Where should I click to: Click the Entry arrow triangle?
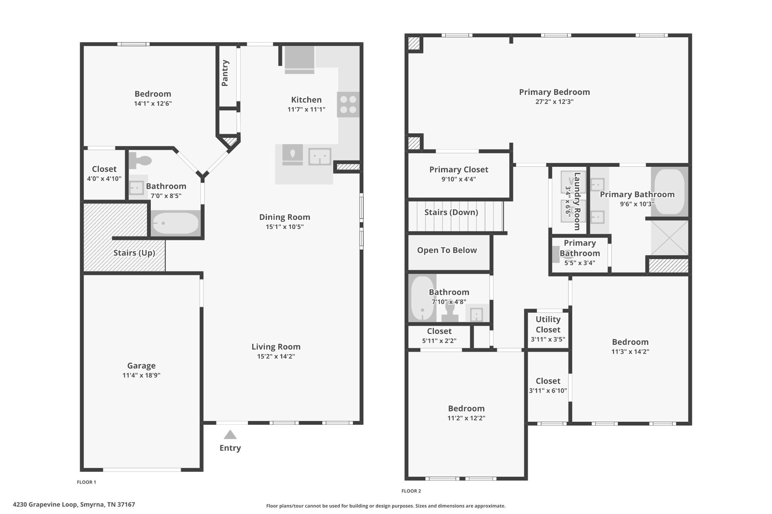point(230,435)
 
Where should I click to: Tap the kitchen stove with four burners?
point(348,105)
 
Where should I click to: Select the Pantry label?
point(225,73)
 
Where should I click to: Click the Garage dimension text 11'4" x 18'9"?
point(141,375)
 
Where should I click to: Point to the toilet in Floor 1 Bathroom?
point(140,161)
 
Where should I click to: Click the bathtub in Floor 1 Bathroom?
point(175,223)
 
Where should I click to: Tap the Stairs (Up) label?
point(134,253)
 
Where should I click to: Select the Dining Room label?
point(285,217)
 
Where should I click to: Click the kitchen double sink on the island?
point(320,157)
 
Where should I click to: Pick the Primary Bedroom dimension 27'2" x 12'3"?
point(554,102)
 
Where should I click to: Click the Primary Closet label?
point(459,169)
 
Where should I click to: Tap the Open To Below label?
point(447,250)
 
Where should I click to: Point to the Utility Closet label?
point(548,324)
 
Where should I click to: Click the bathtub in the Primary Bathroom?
point(669,192)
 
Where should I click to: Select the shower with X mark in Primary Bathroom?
point(669,238)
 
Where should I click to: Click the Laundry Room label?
point(577,201)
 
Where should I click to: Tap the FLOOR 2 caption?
point(411,491)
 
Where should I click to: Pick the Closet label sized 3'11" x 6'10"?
point(548,381)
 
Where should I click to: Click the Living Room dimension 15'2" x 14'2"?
point(276,356)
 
